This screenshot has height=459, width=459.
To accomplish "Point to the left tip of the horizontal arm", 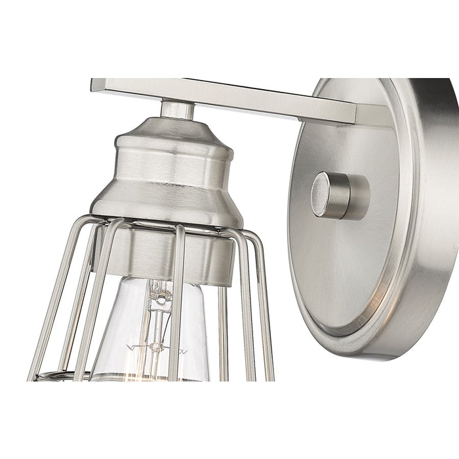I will [x=97, y=85].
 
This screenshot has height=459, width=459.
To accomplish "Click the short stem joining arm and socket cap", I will [x=178, y=110].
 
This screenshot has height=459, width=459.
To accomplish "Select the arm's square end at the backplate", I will [x=348, y=111].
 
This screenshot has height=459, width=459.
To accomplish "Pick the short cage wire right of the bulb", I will [x=223, y=328].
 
